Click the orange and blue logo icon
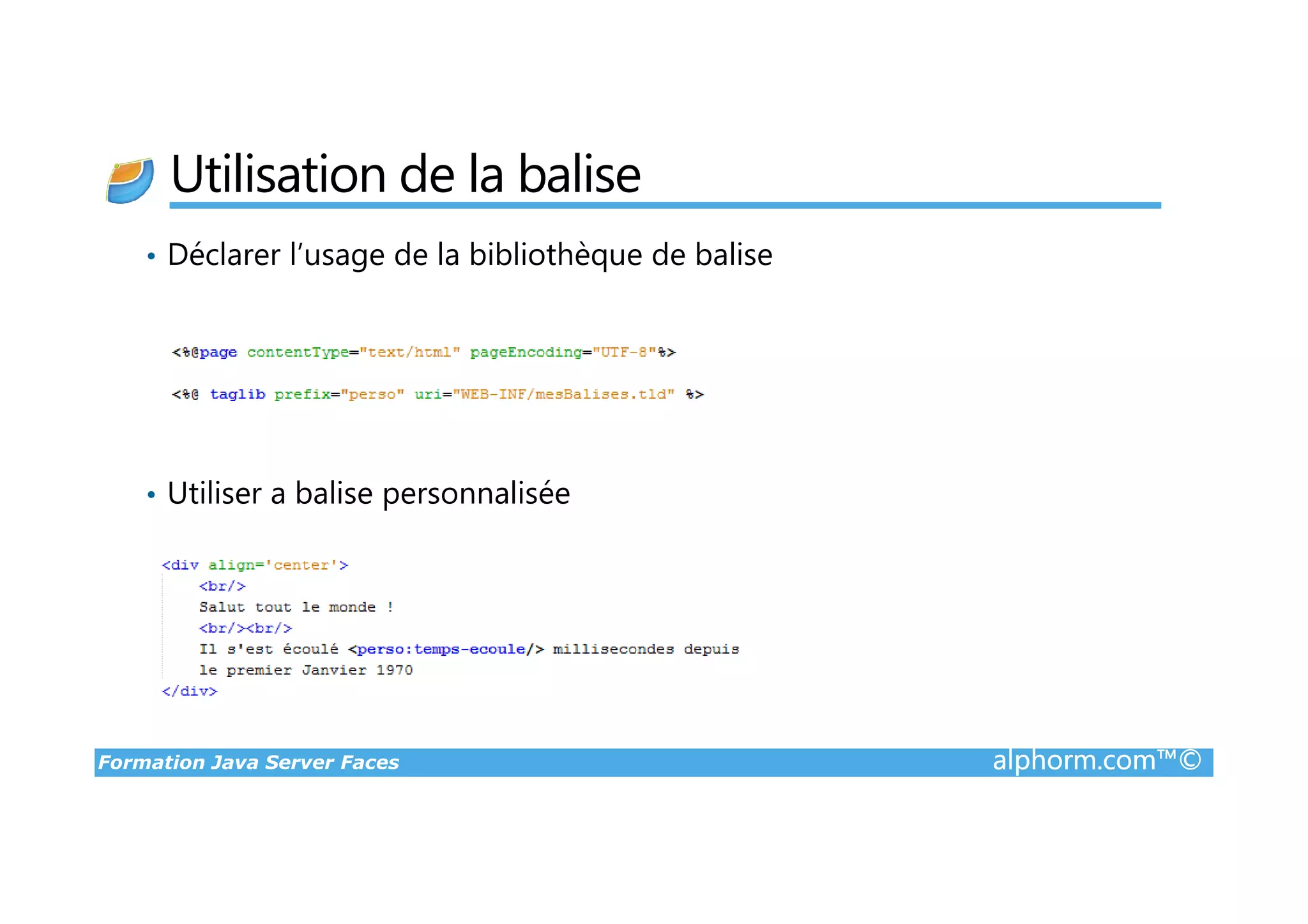(x=130, y=181)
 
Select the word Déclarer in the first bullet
(x=224, y=255)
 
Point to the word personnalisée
(x=476, y=494)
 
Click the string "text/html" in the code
(x=409, y=352)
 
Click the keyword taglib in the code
(x=237, y=395)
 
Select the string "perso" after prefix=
(x=372, y=395)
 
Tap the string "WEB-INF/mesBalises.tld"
(x=563, y=395)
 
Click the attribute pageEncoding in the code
(x=526, y=352)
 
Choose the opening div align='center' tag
(x=255, y=565)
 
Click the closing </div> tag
(x=190, y=692)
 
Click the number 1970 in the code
(x=394, y=670)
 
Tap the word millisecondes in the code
(x=613, y=649)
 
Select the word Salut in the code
(x=222, y=607)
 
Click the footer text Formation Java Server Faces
(x=248, y=762)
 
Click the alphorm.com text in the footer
(x=1074, y=761)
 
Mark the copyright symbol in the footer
(x=1190, y=761)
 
